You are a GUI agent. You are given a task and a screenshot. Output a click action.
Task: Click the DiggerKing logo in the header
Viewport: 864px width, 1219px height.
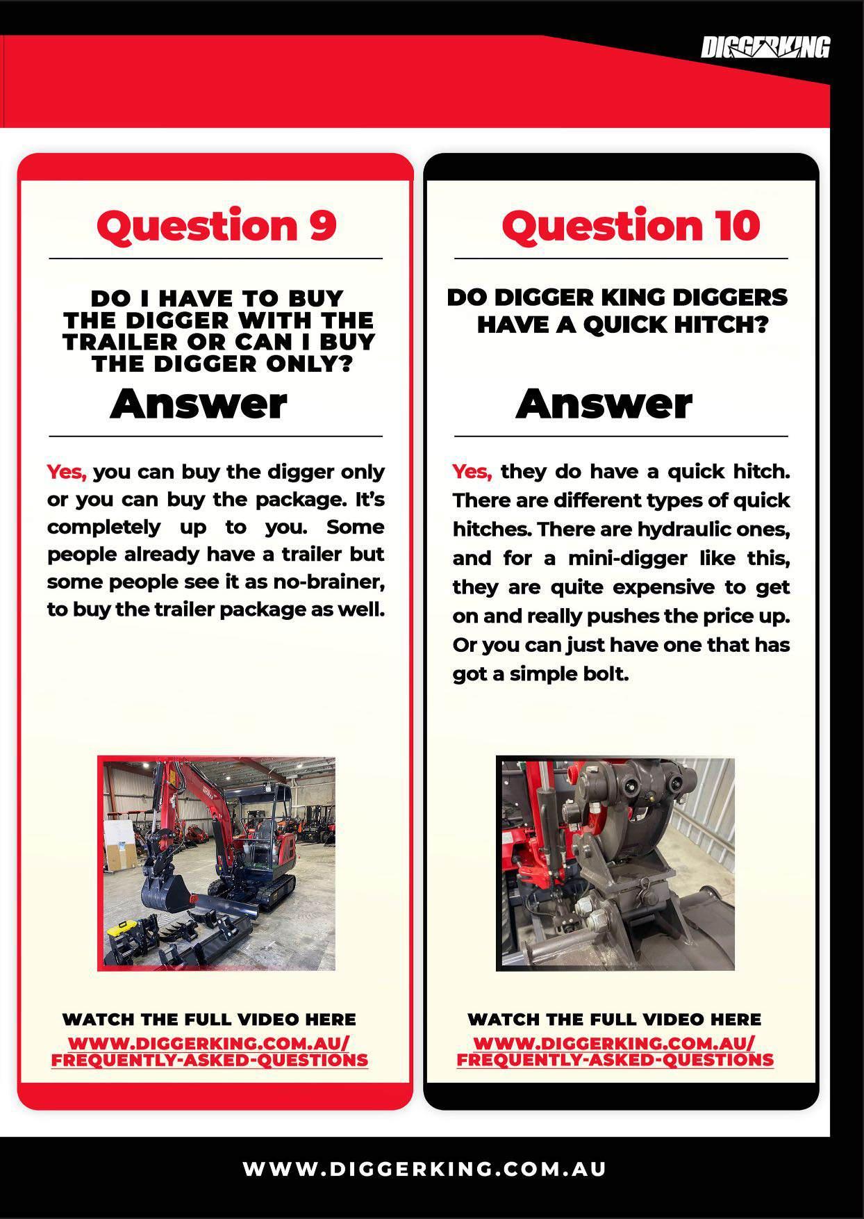(765, 48)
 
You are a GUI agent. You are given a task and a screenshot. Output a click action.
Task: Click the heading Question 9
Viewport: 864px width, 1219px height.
(217, 226)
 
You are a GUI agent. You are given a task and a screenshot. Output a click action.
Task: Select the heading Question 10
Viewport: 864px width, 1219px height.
(631, 226)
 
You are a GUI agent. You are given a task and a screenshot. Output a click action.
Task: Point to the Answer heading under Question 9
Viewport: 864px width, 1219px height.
(199, 404)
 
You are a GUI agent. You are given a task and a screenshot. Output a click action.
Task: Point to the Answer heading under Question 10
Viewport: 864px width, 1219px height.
(604, 404)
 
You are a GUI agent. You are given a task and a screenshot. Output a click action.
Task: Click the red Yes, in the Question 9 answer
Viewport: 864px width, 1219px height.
(67, 473)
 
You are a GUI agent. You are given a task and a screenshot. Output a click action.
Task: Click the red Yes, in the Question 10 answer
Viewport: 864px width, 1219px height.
(472, 473)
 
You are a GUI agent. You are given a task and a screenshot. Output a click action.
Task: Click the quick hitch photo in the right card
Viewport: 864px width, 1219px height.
(615, 863)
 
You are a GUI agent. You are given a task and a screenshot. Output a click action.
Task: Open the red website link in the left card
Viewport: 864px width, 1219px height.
(210, 1052)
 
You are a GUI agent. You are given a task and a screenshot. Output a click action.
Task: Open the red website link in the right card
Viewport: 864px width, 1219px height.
(615, 1052)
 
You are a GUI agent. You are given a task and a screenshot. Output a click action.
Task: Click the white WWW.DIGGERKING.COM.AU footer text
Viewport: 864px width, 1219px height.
(425, 1169)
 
